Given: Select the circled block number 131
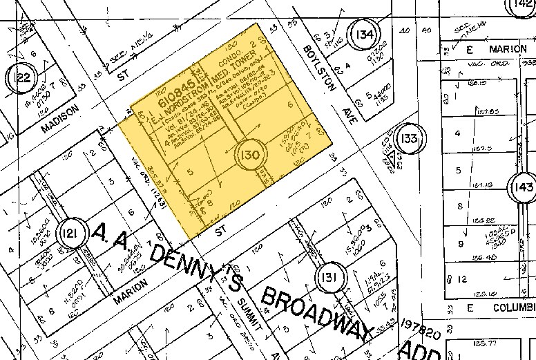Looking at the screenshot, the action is pyautogui.click(x=327, y=278).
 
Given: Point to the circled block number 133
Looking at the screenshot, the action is pyautogui.click(x=410, y=139).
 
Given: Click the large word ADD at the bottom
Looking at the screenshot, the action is pyautogui.click(x=413, y=351).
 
